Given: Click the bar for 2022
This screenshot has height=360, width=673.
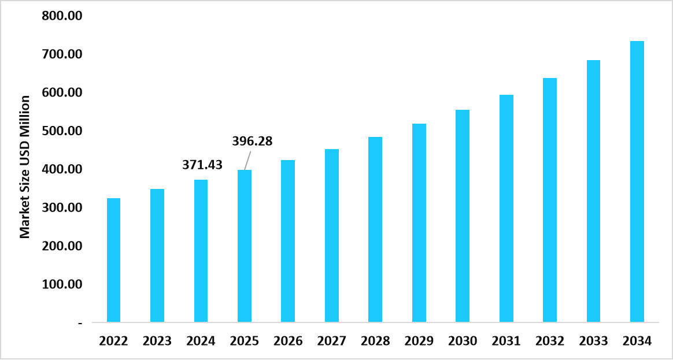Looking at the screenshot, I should pos(113,260).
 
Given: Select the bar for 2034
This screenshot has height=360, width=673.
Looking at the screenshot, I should pos(637,181).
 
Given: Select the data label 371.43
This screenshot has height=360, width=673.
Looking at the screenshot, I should pos(202,165).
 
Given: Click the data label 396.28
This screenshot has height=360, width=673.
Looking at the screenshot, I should pos(252,141).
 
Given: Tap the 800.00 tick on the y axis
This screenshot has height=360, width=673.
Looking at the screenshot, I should pos(62,16).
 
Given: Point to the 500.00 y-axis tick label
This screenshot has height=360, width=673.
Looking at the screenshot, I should pos(62,131).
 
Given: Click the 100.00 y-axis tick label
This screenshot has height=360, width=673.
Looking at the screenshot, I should pos(62,284).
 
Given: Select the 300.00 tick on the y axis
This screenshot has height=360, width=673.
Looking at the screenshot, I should pos(62,207).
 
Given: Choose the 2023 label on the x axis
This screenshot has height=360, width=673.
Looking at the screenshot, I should pos(157,341).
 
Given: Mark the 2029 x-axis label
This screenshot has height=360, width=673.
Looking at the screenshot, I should pos(419,341).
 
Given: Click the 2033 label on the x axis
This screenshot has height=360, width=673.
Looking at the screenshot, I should pos(593,341).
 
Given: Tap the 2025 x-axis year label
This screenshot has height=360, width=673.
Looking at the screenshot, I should pos(245,341).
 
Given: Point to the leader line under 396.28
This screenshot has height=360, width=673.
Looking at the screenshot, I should pos(247,159).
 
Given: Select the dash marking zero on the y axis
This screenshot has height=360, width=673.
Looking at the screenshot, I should pos(80,323).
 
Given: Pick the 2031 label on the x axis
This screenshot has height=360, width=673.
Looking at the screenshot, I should pos(506,341).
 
